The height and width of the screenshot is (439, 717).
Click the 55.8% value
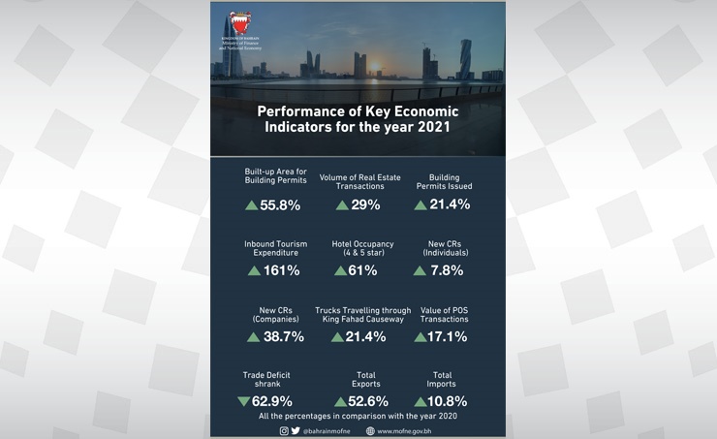pyautogui.click(x=280, y=204)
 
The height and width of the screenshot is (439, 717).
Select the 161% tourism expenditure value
pyautogui.click(x=281, y=270)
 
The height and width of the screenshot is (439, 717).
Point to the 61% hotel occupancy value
pyautogui.click(x=362, y=270)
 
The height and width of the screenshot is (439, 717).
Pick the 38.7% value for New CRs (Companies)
pyautogui.click(x=283, y=336)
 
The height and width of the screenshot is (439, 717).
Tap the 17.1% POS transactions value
pyautogui.click(x=448, y=336)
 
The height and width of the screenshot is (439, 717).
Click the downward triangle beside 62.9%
pyautogui.click(x=244, y=400)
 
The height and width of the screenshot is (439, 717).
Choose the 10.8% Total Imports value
pyautogui.click(x=448, y=400)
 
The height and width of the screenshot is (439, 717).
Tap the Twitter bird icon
pyautogui.click(x=296, y=430)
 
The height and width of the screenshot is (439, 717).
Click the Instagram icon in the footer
pyautogui.click(x=284, y=430)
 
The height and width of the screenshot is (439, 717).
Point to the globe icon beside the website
pyautogui.click(x=369, y=430)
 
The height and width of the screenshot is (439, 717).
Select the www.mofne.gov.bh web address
pyautogui.click(x=405, y=430)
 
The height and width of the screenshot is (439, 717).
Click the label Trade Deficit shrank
pyautogui.click(x=266, y=378)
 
